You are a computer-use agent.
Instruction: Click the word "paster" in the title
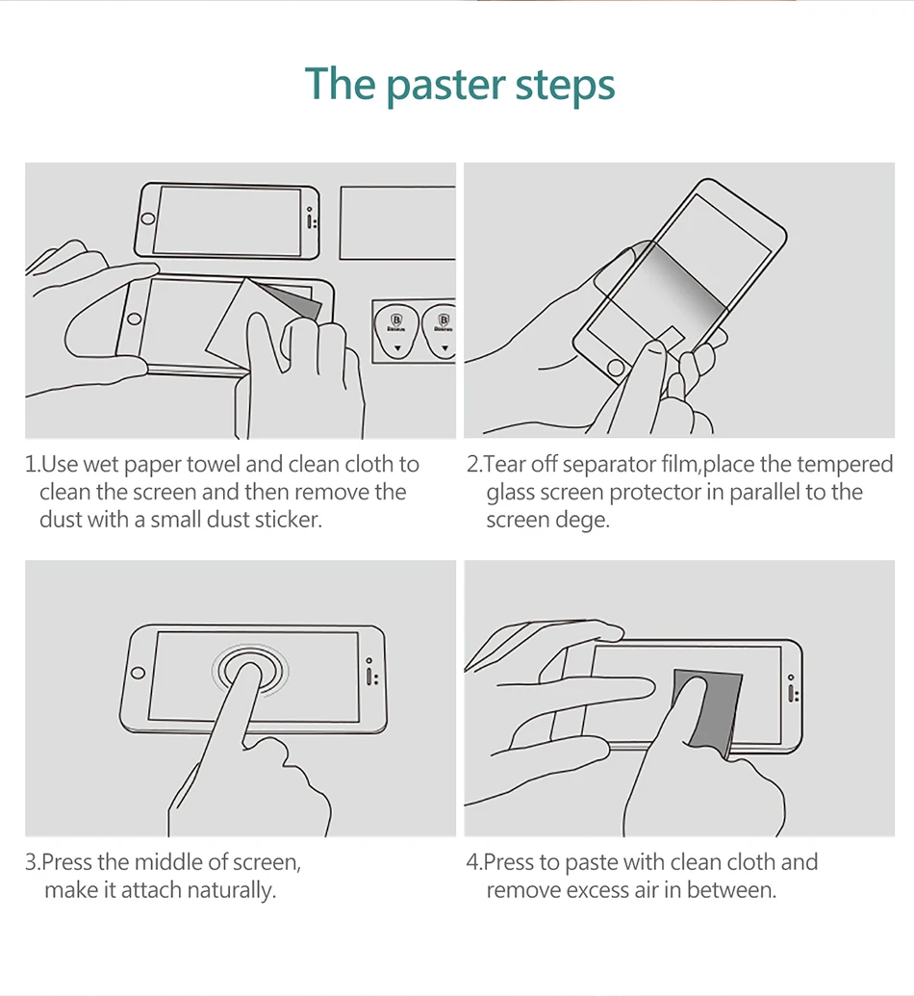click(444, 86)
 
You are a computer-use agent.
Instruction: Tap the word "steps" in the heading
click(565, 86)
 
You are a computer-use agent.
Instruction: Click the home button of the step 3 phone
click(138, 673)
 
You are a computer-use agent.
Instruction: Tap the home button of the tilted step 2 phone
click(615, 368)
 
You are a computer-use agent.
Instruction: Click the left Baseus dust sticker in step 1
click(397, 332)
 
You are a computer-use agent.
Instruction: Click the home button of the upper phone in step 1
click(147, 218)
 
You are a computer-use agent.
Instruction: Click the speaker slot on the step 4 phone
click(792, 694)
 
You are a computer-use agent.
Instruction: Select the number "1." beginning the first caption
click(33, 465)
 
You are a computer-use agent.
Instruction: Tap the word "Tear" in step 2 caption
click(505, 465)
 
